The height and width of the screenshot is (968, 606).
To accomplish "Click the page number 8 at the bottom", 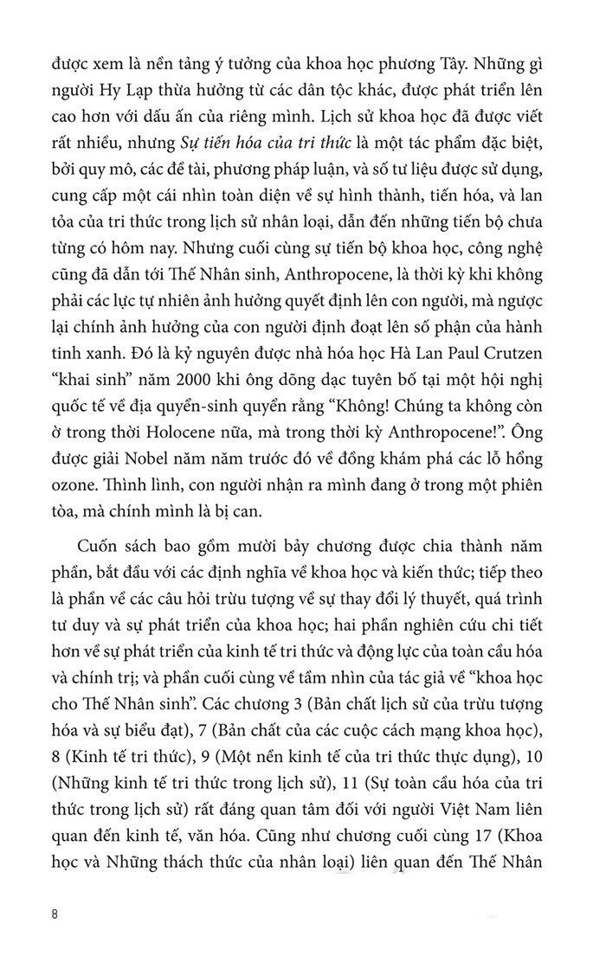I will tap(55, 914).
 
